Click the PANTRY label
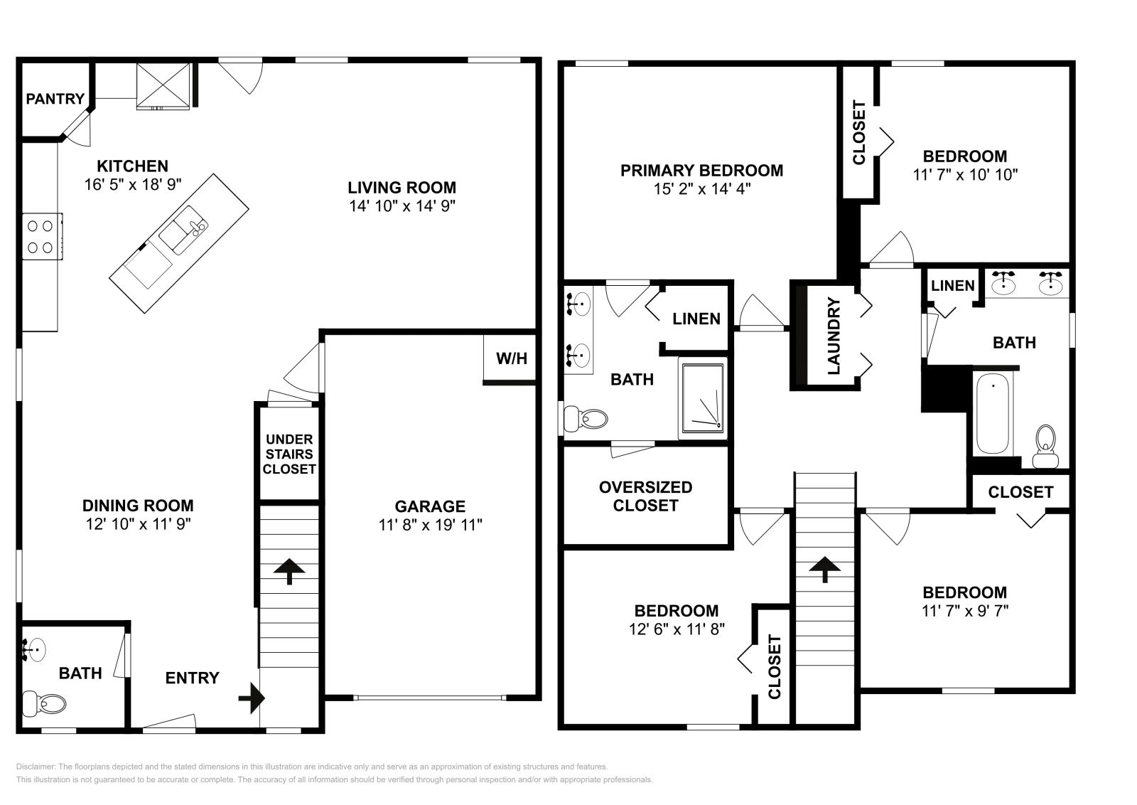55,99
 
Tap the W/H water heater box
511,358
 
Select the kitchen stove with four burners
40,237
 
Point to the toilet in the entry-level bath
45,704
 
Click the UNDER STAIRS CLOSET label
289,454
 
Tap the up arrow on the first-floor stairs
289,570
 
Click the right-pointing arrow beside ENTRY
252,698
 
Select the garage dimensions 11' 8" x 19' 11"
430,525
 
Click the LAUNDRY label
834,336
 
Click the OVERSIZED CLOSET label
645,496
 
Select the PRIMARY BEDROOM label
701,170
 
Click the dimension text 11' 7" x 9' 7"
964,611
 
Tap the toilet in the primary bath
589,419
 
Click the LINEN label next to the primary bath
696,319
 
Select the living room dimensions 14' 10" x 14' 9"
402,206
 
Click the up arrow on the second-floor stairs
824,568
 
